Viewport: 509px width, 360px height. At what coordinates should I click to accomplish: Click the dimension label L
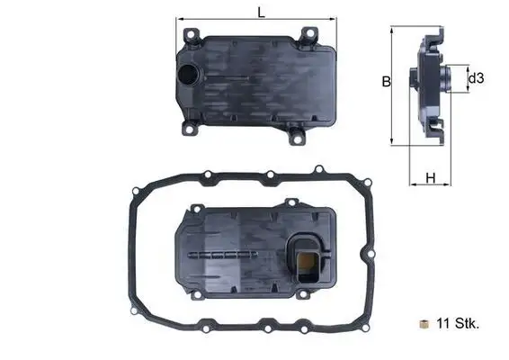click(260, 13)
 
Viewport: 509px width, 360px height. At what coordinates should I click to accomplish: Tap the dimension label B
click(384, 82)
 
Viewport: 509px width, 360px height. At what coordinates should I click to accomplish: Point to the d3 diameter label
click(477, 79)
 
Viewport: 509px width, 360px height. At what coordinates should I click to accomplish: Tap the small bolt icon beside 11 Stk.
click(423, 322)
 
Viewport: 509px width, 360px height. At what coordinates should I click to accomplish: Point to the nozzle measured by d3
click(454, 79)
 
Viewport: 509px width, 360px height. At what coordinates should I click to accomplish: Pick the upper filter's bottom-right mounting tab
click(297, 137)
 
